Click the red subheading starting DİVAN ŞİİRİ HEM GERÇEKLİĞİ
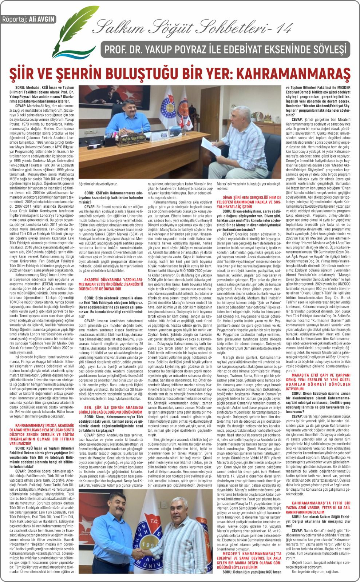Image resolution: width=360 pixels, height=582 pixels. pos(250,201)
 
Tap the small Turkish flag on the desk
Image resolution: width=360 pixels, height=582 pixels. pos(181,125)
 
